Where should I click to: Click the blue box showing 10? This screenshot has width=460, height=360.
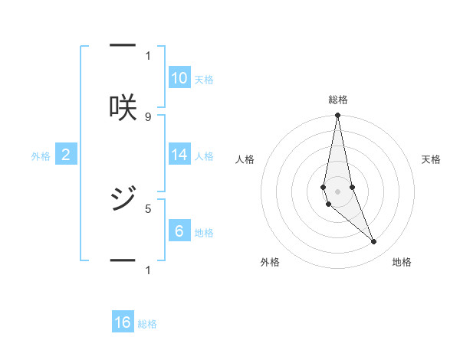pos(179,77)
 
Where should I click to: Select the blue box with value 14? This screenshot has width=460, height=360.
pos(179,154)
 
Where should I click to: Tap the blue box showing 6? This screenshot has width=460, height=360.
pos(179,231)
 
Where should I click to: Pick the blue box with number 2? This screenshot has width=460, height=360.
pos(66,154)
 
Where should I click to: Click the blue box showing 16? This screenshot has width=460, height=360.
pos(123,322)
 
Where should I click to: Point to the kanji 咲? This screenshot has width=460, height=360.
pos(123,107)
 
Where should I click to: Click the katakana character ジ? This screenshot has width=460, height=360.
pos(123,199)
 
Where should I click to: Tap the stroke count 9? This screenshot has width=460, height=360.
pos(148,116)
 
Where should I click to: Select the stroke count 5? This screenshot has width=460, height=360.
pos(148,208)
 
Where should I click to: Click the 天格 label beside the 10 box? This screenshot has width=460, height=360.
pos(204,80)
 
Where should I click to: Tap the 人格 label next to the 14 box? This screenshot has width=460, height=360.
pos(204,156)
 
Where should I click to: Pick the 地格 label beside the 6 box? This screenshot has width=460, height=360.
pos(204,233)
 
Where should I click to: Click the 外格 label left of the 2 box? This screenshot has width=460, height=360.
pos(41,156)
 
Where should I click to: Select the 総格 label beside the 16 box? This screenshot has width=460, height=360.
pos(147,325)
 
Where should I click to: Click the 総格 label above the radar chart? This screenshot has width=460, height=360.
pos(338,100)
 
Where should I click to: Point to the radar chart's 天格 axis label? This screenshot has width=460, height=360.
pos(432,159)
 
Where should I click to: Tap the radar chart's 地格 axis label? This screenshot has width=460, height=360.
pos(402,262)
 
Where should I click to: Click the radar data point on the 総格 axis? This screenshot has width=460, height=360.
pos(338,116)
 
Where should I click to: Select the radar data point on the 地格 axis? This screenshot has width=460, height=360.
pos(374,242)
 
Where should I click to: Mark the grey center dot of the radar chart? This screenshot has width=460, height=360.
pos(338,191)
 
